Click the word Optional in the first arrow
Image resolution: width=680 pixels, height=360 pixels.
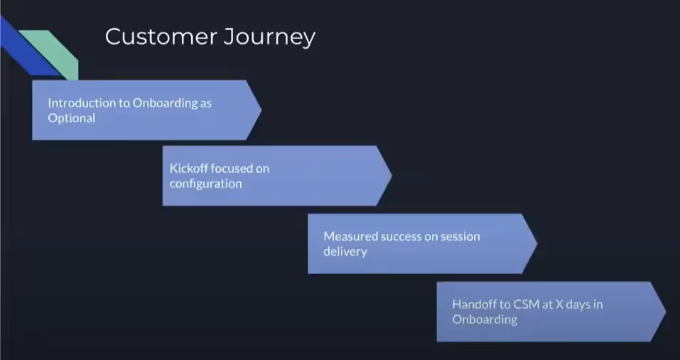tap(71, 119)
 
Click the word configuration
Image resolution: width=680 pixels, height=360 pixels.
tap(205, 184)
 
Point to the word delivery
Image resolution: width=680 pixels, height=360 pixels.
tap(345, 251)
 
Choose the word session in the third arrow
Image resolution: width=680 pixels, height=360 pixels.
tap(460, 237)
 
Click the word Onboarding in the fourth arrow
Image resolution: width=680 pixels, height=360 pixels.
tap(485, 320)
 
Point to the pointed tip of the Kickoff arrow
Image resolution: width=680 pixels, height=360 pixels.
tap(392, 175)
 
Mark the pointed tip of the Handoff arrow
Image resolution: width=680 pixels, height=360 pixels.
tap(666, 312)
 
